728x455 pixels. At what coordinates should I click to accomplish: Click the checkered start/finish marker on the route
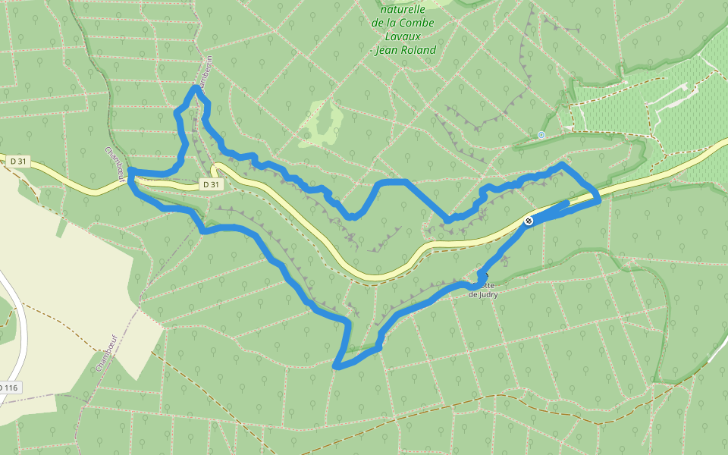click(528, 221)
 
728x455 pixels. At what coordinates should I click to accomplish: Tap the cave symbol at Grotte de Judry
click(483, 276)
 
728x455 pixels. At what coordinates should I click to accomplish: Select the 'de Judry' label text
click(483, 294)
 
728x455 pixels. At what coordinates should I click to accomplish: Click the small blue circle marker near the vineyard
click(541, 135)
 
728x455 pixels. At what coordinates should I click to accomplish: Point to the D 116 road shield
click(9, 388)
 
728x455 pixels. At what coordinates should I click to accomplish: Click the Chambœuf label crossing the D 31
click(115, 162)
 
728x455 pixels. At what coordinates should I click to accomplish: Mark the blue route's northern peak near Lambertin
click(196, 89)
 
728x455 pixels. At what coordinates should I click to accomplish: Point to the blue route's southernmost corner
click(336, 367)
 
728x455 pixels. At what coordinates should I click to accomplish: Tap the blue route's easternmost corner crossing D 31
click(598, 199)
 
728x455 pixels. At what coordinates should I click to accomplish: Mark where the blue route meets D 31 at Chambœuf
click(131, 176)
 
